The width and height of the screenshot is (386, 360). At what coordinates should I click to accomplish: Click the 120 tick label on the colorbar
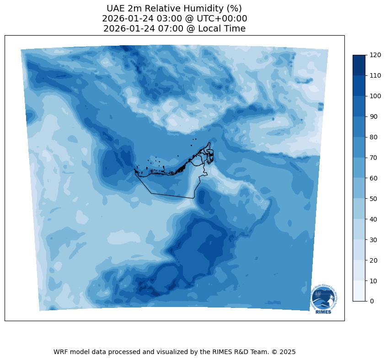point(375,55)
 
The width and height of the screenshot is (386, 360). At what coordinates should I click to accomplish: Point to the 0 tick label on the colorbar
point(372,301)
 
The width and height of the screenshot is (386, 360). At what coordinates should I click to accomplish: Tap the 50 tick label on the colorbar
point(374,199)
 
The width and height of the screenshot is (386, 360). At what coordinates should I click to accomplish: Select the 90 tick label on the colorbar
point(374,116)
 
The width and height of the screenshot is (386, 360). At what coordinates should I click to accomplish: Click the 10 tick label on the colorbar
point(374,281)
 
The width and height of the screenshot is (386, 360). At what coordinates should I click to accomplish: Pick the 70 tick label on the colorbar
point(374,158)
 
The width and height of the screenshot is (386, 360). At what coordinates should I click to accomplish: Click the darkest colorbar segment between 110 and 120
point(359,65)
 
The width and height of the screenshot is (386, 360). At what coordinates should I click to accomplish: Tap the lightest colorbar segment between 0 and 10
point(359,291)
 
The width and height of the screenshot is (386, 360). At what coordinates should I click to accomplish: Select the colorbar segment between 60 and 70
point(359,168)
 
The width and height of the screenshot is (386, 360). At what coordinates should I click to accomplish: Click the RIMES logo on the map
point(324,299)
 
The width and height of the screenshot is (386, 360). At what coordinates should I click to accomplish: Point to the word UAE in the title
point(115,9)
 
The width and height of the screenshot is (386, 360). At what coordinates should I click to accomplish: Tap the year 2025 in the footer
point(287,352)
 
